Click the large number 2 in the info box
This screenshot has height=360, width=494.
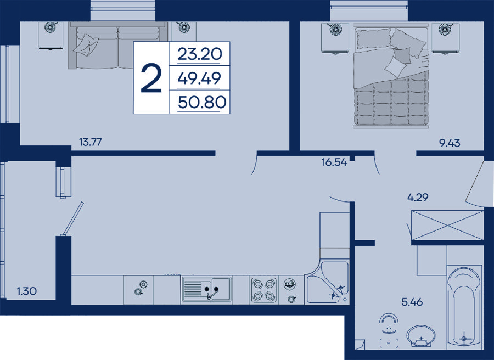pos(151,78)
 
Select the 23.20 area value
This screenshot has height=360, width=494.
pos(200,54)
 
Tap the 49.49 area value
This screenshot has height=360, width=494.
pos(199,78)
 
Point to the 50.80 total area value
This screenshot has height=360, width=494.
pos(202,102)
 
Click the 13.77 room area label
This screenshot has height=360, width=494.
pos(91,142)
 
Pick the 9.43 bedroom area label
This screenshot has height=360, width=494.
pos(450,143)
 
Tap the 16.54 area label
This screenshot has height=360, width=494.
pos(334,162)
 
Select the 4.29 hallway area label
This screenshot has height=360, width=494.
pos(418,198)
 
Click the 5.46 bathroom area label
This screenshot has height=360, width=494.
pos(412,302)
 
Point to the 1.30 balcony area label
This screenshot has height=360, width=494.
pos(27,291)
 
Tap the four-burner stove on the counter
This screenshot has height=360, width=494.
pos(263,290)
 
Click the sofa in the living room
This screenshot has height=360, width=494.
pos(118,45)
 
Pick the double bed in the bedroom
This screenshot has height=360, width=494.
pos(391,76)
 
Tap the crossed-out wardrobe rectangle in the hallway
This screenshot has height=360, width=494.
pos(447,226)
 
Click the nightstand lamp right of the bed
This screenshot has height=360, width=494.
pos(445,29)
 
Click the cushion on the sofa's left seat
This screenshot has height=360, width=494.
pos(86,44)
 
